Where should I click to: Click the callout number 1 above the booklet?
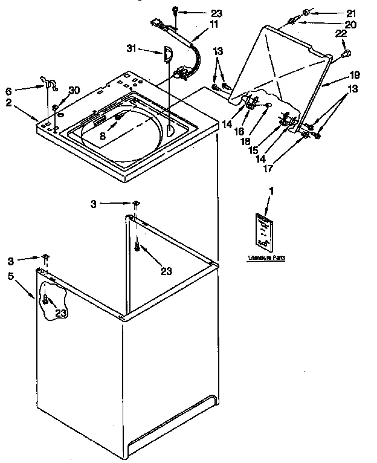pos(271,191)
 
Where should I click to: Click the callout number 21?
pos(350,12)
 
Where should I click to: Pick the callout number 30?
pos(74,90)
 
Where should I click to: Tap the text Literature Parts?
pos(266,258)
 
